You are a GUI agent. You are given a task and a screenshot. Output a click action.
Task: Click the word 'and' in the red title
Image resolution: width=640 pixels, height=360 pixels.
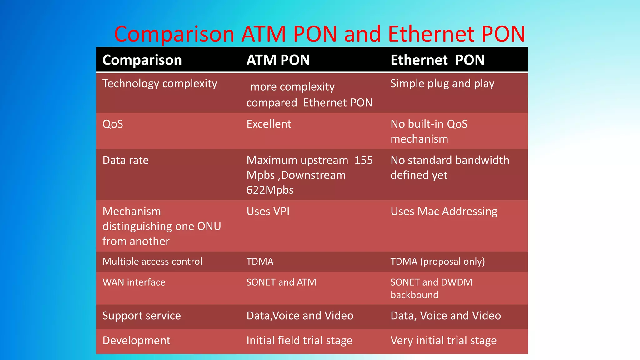(362, 34)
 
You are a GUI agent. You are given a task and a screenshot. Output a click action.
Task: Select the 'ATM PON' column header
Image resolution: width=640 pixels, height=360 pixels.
(278, 60)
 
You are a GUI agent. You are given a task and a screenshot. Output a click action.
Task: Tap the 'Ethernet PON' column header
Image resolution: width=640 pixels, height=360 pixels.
(437, 60)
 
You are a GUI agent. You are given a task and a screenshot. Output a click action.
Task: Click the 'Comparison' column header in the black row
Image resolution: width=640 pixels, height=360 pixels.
(142, 60)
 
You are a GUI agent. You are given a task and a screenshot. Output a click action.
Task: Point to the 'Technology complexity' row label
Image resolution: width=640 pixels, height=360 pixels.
(160, 83)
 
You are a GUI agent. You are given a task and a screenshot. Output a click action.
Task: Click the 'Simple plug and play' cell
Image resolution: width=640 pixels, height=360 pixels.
(442, 83)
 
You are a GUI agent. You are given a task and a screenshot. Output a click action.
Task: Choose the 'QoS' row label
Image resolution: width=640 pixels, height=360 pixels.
(113, 124)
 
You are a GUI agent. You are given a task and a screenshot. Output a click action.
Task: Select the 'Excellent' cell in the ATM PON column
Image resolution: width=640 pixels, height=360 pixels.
(269, 124)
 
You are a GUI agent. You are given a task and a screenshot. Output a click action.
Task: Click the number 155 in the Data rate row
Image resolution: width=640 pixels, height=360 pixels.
(363, 160)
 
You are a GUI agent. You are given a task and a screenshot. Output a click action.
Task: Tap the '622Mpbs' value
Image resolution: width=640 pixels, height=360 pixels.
(270, 190)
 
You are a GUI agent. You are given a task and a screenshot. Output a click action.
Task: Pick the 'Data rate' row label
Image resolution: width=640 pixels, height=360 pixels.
(126, 160)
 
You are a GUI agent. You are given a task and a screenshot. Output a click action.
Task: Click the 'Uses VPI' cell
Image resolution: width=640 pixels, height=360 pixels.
(268, 212)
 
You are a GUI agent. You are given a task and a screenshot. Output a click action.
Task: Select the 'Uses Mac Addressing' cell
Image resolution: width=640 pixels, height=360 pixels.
(444, 212)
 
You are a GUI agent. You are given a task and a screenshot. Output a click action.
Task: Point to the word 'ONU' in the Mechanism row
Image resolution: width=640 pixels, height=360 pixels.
(209, 226)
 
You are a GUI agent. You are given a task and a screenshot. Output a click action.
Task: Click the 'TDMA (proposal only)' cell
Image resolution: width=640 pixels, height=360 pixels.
(437, 262)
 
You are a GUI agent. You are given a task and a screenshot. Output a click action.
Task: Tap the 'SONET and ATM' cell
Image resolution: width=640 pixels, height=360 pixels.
(281, 282)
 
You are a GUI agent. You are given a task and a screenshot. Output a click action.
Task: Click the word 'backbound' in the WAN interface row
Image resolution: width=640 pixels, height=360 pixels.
(414, 295)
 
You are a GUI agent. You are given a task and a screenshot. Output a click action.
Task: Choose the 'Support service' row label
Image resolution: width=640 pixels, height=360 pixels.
(142, 316)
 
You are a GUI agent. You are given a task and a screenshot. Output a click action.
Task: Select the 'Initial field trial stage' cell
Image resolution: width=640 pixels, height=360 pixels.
(299, 341)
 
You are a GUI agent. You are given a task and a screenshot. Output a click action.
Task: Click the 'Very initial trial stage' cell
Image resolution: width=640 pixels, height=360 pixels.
(443, 341)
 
